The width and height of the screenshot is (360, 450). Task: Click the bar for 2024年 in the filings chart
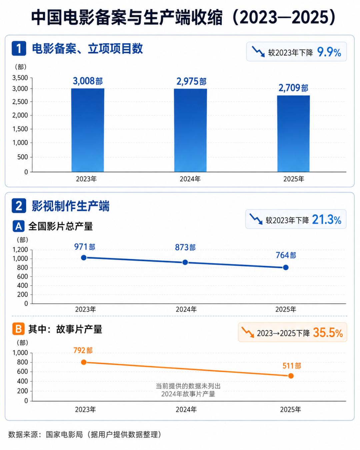coord(190,130)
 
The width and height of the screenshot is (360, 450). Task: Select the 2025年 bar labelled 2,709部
coord(293,134)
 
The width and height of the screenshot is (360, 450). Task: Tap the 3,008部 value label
coord(88,81)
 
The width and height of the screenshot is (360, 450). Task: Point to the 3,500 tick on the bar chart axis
coord(20,78)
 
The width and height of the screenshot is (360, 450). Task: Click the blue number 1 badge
coord(19,49)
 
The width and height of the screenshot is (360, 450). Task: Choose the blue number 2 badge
coord(19,206)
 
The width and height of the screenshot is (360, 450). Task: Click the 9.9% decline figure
coord(329,52)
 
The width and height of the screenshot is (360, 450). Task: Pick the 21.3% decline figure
coord(327,220)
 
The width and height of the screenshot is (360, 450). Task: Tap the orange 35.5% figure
coord(328,333)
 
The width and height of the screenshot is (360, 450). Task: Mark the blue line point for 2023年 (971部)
coord(84,258)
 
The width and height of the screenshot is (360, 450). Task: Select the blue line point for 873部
coord(185,262)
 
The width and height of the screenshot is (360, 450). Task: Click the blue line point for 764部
coord(286,267)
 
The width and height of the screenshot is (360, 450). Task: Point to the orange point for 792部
coord(84,362)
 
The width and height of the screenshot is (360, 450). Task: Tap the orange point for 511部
coord(291,376)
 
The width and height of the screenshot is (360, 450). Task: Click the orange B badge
coord(18,329)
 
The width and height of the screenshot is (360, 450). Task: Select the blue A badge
coord(18,226)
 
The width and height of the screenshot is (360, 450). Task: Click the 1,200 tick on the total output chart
coord(20,250)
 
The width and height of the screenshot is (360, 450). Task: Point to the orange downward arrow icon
coord(248,332)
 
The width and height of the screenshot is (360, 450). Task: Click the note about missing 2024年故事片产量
coord(188,390)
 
